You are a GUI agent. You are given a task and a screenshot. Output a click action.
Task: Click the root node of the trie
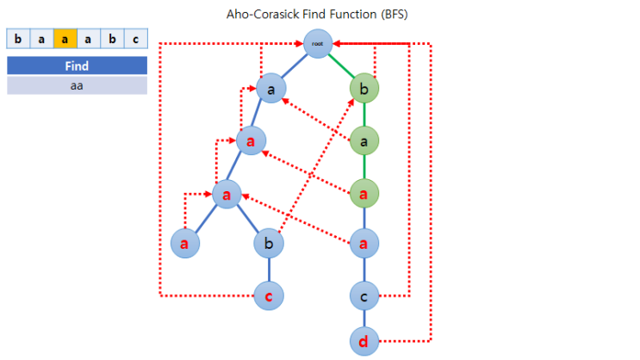pos(318,43)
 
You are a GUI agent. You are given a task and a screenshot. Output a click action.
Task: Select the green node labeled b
pos(364,88)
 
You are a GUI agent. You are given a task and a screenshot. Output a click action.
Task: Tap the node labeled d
pos(364,341)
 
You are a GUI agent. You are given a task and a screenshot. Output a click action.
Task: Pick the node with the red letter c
pos(269,296)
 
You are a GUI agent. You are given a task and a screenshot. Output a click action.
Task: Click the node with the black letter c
pos(364,296)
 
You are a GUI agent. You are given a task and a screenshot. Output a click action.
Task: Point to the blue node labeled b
pos(269,243)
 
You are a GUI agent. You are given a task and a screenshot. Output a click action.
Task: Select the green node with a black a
pos(364,141)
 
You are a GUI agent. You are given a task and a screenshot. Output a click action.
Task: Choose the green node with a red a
pos(364,194)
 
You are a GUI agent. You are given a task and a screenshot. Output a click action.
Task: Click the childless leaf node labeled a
pos(185,243)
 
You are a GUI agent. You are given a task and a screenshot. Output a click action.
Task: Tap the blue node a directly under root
pos(271,88)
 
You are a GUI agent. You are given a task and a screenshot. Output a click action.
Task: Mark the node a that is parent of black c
pos(364,243)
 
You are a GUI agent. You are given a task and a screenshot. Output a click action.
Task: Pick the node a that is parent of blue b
pos(227,194)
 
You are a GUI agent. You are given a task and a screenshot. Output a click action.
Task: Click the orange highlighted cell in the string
pos(65,39)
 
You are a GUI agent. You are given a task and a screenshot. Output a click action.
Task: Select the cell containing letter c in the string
pos(136,39)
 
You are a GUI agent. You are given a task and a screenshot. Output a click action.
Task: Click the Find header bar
pos(78,65)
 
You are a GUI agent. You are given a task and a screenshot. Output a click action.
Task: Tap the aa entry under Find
pos(78,85)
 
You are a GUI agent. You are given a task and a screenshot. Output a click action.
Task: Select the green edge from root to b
pos(341,65)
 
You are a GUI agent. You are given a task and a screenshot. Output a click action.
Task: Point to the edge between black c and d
pos(364,319)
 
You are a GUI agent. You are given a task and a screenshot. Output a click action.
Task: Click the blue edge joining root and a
pos(294,65)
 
